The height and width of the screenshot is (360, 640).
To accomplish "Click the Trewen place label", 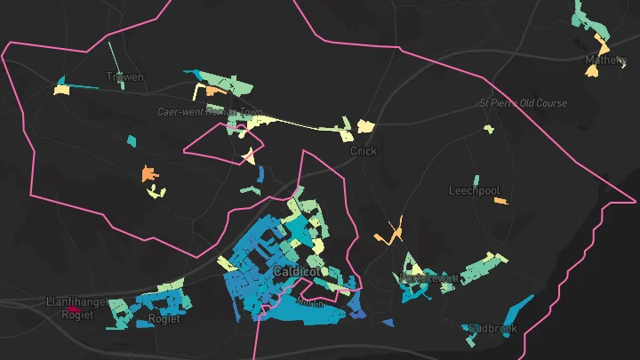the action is pos(124,77).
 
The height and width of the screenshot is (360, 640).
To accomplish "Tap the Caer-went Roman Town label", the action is pos(211,112).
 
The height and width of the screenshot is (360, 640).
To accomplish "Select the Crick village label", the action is pos(363,151).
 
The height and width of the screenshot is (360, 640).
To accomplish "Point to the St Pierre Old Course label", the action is pos(523,103).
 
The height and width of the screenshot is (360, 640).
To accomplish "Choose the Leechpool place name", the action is pos(474,190).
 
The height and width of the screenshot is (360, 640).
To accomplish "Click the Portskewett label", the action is pos(429,278).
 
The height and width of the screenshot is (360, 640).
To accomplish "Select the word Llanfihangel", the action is pos(76,302).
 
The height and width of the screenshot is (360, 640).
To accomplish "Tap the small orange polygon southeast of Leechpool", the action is pos(500,201).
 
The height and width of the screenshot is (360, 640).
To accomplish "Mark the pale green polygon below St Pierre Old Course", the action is pos(488,129).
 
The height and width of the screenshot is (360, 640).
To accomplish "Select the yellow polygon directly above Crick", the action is pos(364,127).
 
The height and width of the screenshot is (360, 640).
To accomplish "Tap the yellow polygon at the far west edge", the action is pos(61,89).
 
